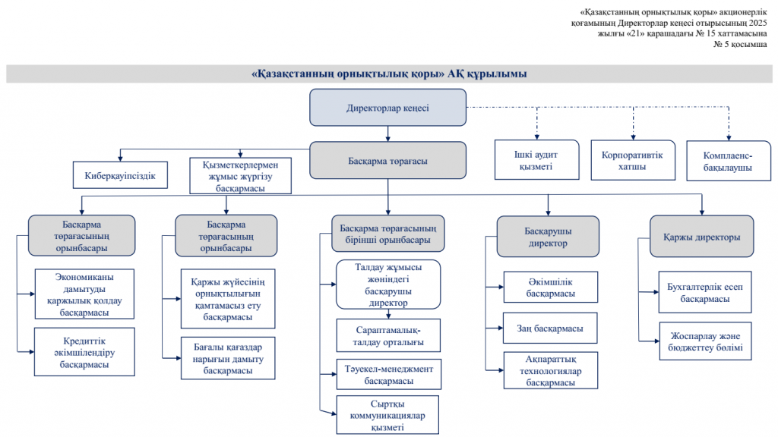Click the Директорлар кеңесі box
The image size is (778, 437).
click(387, 108)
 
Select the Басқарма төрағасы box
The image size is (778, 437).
click(387, 161)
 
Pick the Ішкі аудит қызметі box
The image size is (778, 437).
click(533, 161)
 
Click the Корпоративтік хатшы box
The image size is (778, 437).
click(631, 161)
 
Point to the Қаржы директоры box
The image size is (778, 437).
click(701, 237)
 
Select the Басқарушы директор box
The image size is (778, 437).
click(548, 237)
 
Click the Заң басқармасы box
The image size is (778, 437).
click(550, 329)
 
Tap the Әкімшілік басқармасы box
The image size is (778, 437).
click(550, 288)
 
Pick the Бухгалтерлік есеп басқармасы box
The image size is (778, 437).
click(704, 293)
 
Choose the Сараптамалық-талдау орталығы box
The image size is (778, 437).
click(387, 336)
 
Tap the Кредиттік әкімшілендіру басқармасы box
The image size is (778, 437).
click(84, 351)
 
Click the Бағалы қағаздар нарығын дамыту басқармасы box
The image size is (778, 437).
click(228, 358)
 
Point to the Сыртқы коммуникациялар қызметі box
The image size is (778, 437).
click(387, 415)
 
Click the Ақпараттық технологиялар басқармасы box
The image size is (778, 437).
click(550, 371)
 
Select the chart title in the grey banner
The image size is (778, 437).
click(388, 74)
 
